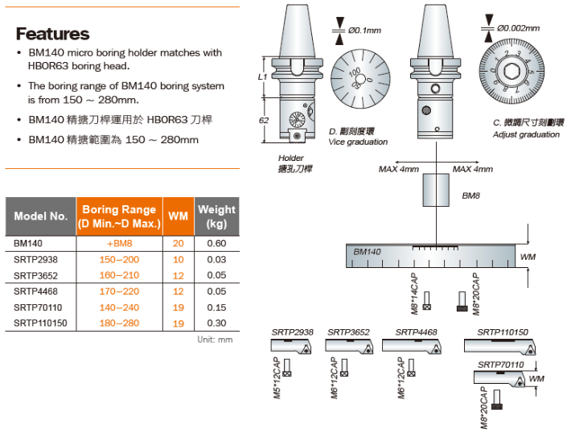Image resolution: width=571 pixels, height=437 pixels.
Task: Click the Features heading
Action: tap(53, 34)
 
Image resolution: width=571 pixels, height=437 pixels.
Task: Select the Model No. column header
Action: tap(41, 216)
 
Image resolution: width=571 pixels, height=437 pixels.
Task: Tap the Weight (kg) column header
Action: tap(216, 216)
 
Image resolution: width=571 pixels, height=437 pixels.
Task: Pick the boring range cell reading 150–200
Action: tap(119, 259)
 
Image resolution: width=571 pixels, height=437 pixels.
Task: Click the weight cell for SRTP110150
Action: tap(216, 323)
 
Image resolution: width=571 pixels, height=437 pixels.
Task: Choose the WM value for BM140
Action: tap(178, 243)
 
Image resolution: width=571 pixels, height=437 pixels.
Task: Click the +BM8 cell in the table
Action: tap(119, 243)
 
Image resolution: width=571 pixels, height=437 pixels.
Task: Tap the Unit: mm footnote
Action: tap(215, 340)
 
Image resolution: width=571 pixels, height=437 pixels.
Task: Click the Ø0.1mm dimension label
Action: tap(364, 31)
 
